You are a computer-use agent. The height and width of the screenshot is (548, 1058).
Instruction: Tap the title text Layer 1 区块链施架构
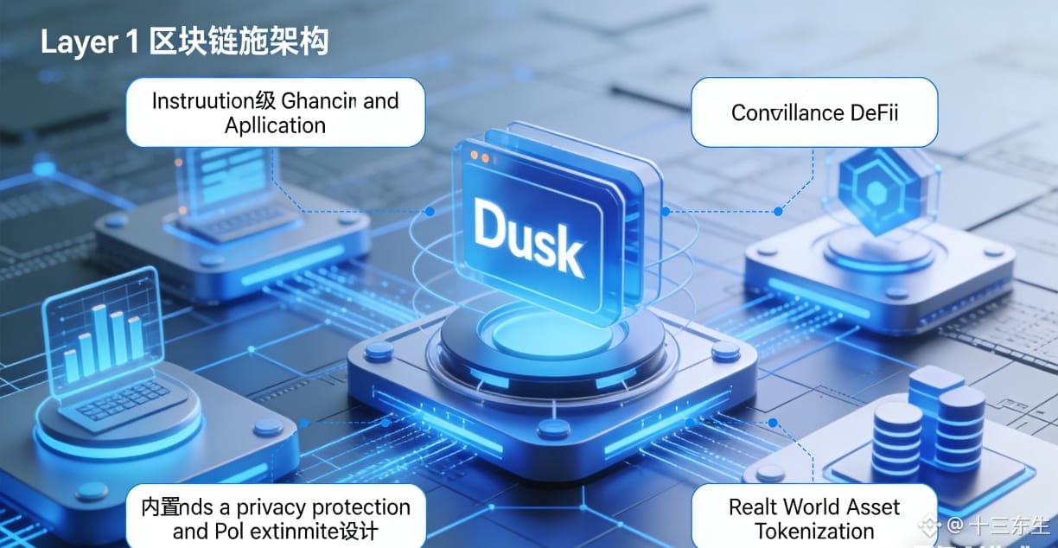point(184,42)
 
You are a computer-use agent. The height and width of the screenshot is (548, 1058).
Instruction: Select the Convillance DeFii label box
point(813,112)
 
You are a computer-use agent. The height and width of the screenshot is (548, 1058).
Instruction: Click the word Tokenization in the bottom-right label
point(813,531)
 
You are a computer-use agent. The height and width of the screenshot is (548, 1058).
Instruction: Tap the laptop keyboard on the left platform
point(121,407)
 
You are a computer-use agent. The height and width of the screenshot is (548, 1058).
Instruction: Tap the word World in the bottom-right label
point(817,507)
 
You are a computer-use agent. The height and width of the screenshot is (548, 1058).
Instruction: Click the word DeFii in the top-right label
point(873,113)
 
